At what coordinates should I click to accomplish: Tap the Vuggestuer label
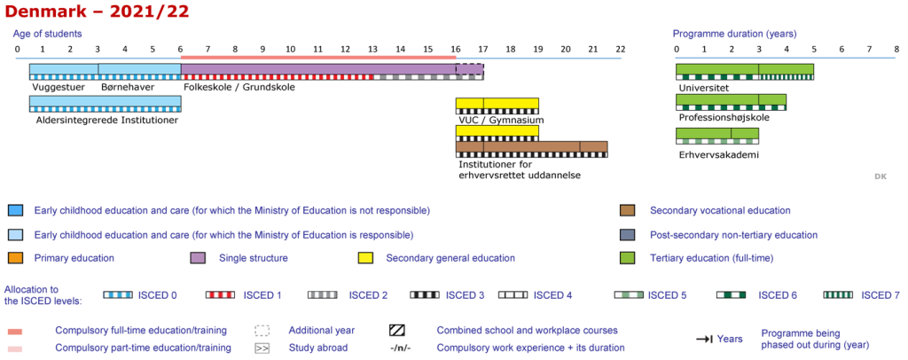pyautogui.click(x=58, y=88)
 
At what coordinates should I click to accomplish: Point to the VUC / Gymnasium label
pyautogui.click(x=501, y=120)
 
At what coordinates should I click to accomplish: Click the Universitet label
pyautogui.click(x=704, y=88)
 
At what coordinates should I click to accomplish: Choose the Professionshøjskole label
pyautogui.click(x=724, y=117)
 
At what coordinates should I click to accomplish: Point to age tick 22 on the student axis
pyautogui.click(x=621, y=49)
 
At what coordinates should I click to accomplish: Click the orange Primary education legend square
pyautogui.click(x=15, y=258)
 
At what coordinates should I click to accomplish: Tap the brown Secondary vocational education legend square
pyautogui.click(x=628, y=211)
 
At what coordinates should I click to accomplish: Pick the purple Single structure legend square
pyautogui.click(x=199, y=258)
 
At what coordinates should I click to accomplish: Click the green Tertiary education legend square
pyautogui.click(x=628, y=258)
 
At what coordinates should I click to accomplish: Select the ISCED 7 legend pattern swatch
pyautogui.click(x=838, y=294)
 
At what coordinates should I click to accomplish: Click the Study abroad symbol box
pyautogui.click(x=262, y=348)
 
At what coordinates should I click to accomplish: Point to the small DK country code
pyautogui.click(x=881, y=177)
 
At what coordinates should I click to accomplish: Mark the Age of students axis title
pyautogui.click(x=48, y=34)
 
